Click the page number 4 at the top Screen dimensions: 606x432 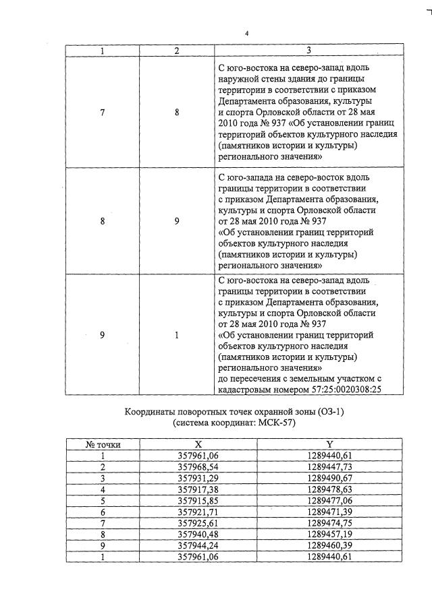[246, 34]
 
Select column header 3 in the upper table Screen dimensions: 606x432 [308, 51]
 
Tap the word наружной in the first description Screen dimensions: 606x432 [238, 80]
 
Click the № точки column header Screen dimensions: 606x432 [103, 445]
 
